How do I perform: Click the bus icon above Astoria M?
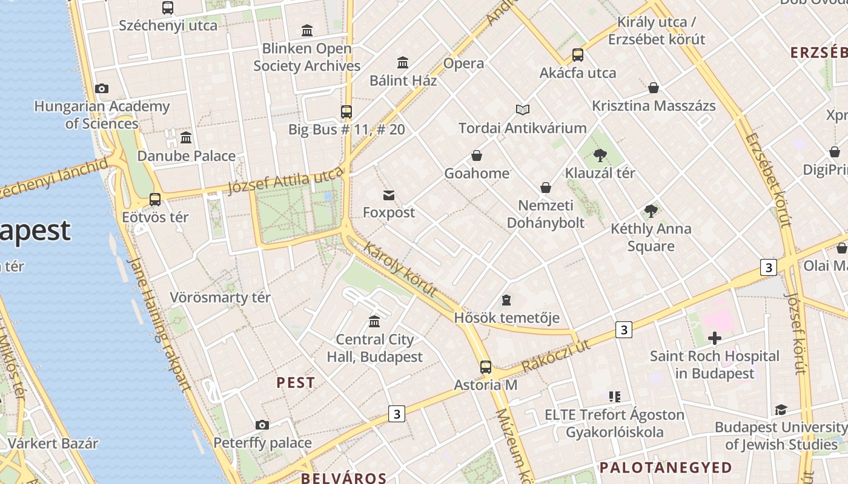point(486,367)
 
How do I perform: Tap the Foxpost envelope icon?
point(389,195)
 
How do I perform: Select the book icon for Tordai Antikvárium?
point(523,110)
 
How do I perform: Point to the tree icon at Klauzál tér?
point(600,155)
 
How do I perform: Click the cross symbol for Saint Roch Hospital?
point(715,338)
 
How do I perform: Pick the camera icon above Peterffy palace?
point(262,425)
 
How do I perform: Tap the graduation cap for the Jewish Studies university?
point(781,410)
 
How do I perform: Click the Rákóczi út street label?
point(555,356)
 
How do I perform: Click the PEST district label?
point(296,382)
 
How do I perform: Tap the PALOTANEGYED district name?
point(666,468)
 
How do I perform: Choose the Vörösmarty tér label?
point(220,298)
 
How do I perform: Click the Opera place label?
point(464,64)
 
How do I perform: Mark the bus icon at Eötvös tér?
point(155,199)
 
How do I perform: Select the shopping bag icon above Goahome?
point(477,155)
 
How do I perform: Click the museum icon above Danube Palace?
point(186,137)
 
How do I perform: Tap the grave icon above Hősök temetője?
point(506,300)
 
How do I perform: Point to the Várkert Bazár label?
point(53,443)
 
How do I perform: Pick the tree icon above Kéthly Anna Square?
point(651,211)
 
